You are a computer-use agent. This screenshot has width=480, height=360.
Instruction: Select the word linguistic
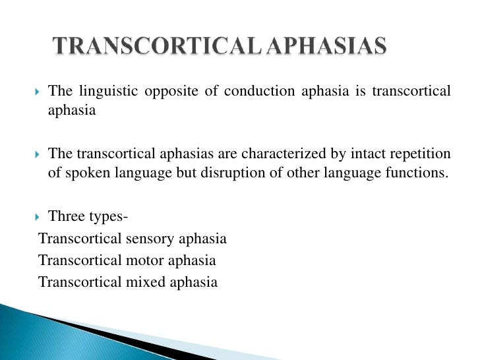click(107, 91)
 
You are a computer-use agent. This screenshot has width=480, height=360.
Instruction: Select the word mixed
click(147, 282)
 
